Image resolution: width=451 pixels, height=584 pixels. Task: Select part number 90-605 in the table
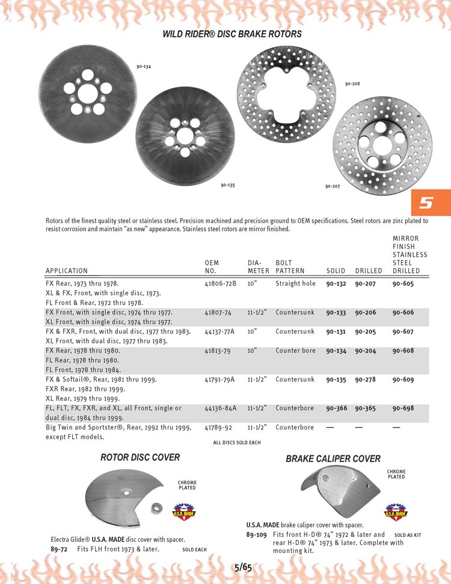coord(403,283)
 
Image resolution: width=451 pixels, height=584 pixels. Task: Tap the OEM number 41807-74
coord(218,313)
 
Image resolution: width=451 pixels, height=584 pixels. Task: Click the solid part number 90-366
coord(336,409)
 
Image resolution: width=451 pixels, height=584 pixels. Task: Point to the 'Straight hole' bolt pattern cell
coord(295,283)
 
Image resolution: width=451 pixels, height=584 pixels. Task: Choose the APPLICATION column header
coord(66,271)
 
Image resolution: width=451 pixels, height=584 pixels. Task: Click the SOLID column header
coord(336,271)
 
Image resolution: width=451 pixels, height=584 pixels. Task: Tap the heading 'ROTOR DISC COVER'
coord(140,458)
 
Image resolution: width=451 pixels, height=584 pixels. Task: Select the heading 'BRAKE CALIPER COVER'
coord(333,459)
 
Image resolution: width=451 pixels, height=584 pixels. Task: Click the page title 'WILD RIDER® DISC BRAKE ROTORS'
coord(232,34)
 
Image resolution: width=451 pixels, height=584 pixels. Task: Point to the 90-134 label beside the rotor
coord(144,66)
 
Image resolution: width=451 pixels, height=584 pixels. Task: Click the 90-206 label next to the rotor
coord(352,84)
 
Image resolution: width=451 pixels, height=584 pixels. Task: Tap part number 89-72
coord(59,549)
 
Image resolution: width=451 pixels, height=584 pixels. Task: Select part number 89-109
coord(256,535)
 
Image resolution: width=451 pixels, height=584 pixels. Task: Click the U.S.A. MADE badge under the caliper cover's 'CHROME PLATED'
coord(395,512)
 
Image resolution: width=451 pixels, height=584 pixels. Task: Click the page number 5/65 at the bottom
coord(243,566)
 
